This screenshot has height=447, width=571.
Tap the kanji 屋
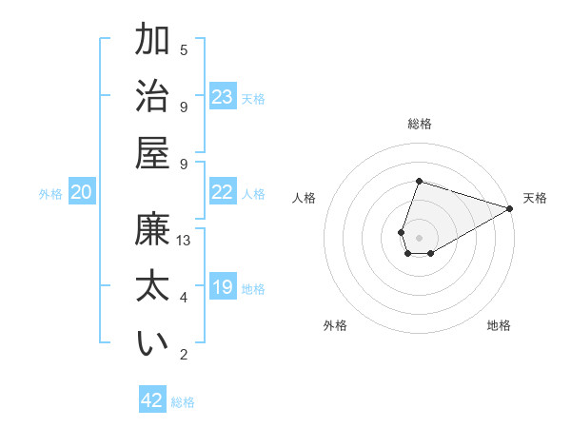click(x=153, y=152)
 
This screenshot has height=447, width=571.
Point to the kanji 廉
click(x=153, y=232)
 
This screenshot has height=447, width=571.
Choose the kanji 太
click(x=153, y=288)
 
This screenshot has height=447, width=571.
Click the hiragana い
click(x=153, y=343)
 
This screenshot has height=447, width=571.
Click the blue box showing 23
click(x=223, y=97)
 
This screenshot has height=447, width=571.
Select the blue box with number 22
click(x=223, y=192)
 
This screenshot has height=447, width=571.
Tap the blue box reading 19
click(x=223, y=287)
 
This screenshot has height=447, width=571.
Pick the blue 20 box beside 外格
click(x=81, y=192)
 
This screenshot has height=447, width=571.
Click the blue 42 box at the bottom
click(x=152, y=400)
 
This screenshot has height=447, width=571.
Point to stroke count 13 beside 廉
click(x=184, y=241)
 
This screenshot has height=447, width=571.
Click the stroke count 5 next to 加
click(x=184, y=49)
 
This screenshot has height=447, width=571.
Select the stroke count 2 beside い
click(x=184, y=355)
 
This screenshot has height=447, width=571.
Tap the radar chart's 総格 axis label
click(x=419, y=124)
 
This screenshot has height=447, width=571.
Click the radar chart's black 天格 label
click(x=535, y=198)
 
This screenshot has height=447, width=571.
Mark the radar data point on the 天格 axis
click(x=509, y=207)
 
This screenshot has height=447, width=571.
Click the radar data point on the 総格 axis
click(x=419, y=182)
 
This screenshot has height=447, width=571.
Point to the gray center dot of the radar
click(x=419, y=236)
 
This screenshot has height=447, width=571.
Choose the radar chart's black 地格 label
click(x=499, y=325)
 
